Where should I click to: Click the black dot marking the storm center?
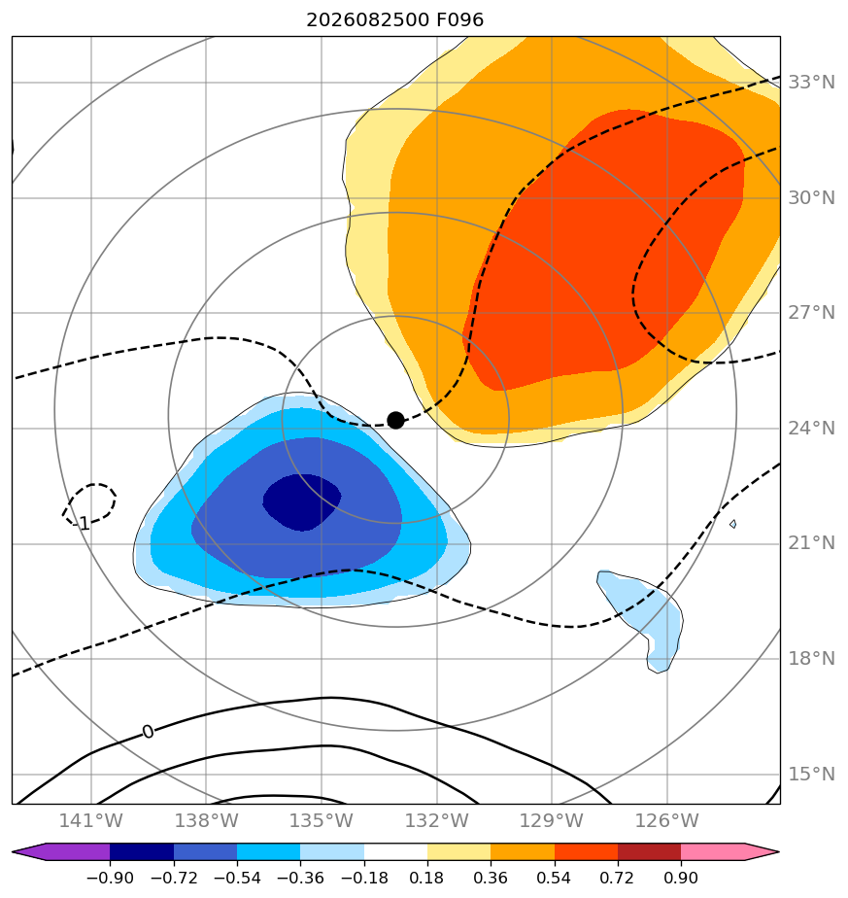pyautogui.click(x=395, y=420)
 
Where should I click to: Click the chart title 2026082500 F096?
pyautogui.click(x=395, y=20)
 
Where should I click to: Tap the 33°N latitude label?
pyautogui.click(x=811, y=83)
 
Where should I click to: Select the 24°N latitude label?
pyautogui.click(x=811, y=429)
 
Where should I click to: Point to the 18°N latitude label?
pyautogui.click(x=811, y=659)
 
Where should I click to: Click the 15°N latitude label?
pyautogui.click(x=811, y=775)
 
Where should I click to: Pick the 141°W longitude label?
pyautogui.click(x=91, y=820)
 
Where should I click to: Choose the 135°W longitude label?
pyautogui.click(x=322, y=820)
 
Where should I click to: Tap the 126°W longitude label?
pyautogui.click(x=667, y=820)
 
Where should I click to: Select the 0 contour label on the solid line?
pyautogui.click(x=148, y=732)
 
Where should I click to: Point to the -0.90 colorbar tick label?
pyautogui.click(x=110, y=878)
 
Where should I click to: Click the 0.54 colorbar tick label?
pyautogui.click(x=555, y=878)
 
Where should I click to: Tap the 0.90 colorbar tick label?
pyautogui.click(x=681, y=878)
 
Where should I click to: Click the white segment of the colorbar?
pyautogui.click(x=395, y=851)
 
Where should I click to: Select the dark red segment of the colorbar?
pyautogui.click(x=649, y=851)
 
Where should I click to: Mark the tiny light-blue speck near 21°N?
pyautogui.click(x=733, y=524)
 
